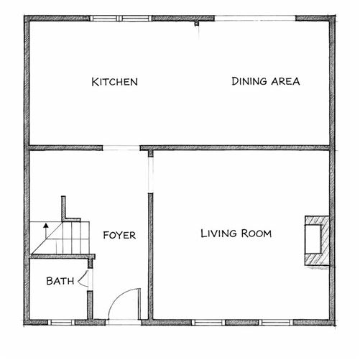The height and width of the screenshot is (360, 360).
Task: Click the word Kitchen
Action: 114,82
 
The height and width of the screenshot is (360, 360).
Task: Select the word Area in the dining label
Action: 285,81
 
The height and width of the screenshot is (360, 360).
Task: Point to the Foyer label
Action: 119,235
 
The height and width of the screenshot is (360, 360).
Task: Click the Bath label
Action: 60,281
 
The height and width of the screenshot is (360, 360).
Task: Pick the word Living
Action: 218,233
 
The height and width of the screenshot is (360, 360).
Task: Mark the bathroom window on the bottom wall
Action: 62,322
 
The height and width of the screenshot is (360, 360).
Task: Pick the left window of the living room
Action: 207,322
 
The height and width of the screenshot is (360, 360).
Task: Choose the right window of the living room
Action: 274,322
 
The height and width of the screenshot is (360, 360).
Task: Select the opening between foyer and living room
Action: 150,172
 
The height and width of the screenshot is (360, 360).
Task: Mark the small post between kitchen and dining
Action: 196,23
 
